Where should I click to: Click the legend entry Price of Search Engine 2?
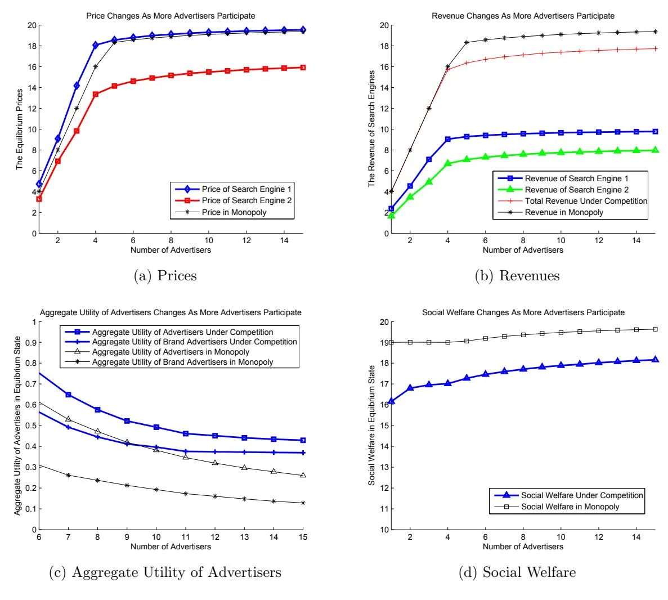pyautogui.click(x=246, y=200)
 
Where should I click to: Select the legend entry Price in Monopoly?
pyautogui.click(x=234, y=212)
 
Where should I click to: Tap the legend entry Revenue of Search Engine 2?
pyautogui.click(x=577, y=190)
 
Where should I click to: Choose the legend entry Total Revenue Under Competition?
pyautogui.click(x=586, y=201)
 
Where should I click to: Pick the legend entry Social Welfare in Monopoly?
pyautogui.click(x=570, y=507)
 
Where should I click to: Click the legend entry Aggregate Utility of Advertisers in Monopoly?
pyautogui.click(x=171, y=352)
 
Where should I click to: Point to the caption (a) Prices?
pyautogui.click(x=169, y=276)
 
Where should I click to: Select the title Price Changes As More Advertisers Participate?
pyautogui.click(x=171, y=16)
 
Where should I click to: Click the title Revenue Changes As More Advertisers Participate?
pyautogui.click(x=523, y=16)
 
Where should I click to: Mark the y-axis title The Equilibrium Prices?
pyautogui.click(x=20, y=129)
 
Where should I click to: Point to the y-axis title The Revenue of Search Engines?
pyautogui.click(x=371, y=129)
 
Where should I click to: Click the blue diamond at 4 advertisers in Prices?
pyautogui.click(x=96, y=45)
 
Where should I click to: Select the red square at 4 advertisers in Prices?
pyautogui.click(x=96, y=94)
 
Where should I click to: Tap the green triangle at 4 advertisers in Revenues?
pyautogui.click(x=448, y=163)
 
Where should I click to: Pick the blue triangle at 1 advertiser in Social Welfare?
pyautogui.click(x=391, y=401)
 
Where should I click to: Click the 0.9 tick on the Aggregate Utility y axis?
pyautogui.click(x=32, y=343)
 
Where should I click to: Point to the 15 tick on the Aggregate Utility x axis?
pyautogui.click(x=302, y=537)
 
